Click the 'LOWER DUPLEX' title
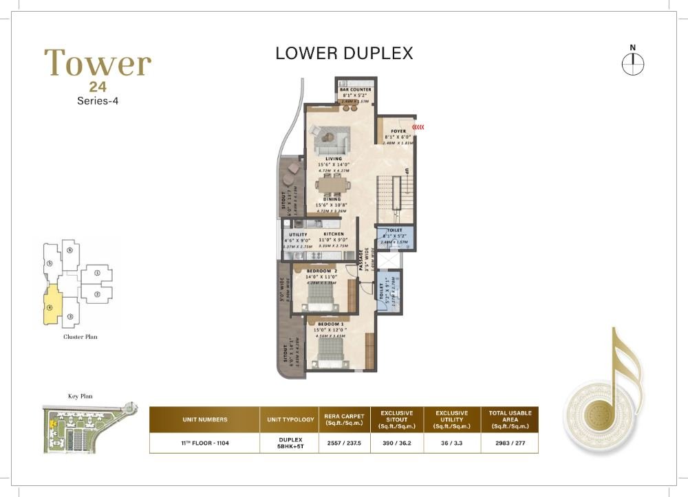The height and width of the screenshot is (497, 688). point(344,53)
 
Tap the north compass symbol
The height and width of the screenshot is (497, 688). point(632,63)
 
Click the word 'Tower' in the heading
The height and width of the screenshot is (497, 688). point(98,64)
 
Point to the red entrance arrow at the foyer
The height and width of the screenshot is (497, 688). point(418,126)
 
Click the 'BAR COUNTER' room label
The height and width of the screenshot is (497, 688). point(355,90)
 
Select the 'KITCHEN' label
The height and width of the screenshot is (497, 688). point(334,234)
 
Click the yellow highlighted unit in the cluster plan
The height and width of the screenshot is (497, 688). point(52,305)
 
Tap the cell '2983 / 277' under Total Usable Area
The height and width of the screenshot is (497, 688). point(510,443)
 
